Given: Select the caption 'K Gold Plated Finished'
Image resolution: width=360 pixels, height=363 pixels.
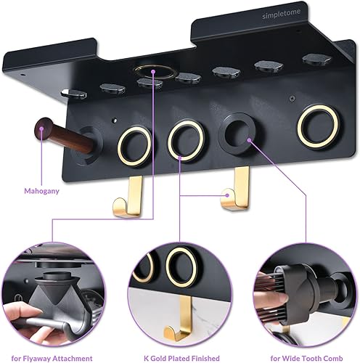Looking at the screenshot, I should (180, 356).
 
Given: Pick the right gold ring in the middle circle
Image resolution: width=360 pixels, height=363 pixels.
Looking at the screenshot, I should (179, 264).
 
